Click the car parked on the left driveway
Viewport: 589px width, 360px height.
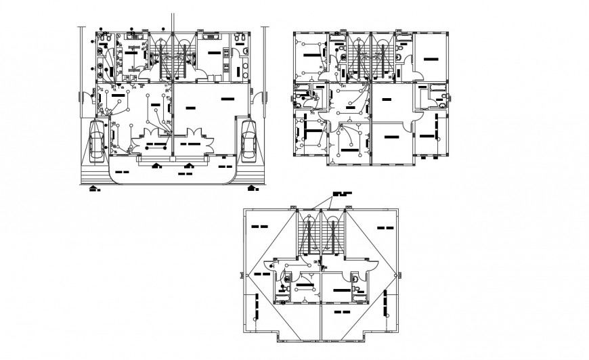coord(97,141)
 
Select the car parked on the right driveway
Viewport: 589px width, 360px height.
coord(248,141)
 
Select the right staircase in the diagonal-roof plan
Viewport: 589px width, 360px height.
coord(333,237)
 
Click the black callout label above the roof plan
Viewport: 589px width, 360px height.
coord(343,194)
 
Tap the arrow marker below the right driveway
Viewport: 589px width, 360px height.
coord(253,187)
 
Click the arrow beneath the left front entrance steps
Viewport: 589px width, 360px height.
coord(157,164)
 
